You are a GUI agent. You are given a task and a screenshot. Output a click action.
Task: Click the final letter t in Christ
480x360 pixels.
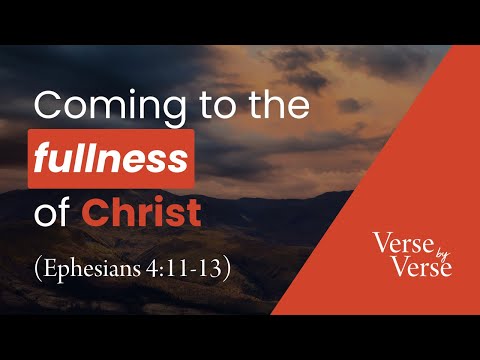(196, 212)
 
